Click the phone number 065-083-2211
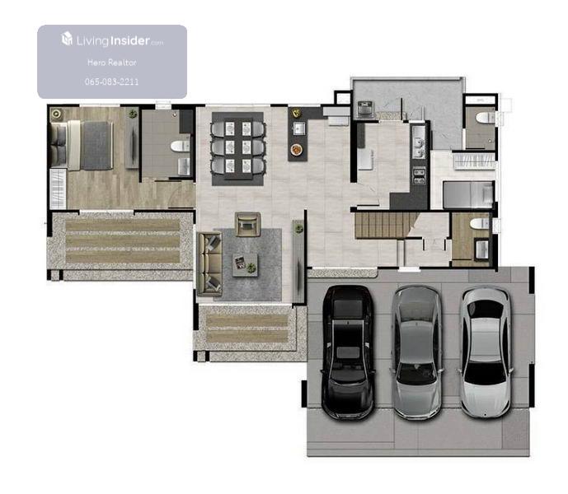[111, 82]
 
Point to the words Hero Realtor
[112, 63]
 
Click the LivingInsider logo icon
[67, 39]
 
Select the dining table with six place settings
[238, 149]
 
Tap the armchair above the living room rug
[248, 225]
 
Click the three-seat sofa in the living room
[209, 263]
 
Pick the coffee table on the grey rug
[245, 265]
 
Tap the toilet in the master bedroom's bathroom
[181, 146]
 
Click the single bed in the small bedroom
[468, 194]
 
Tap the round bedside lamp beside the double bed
[56, 114]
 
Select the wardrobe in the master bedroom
[58, 189]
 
